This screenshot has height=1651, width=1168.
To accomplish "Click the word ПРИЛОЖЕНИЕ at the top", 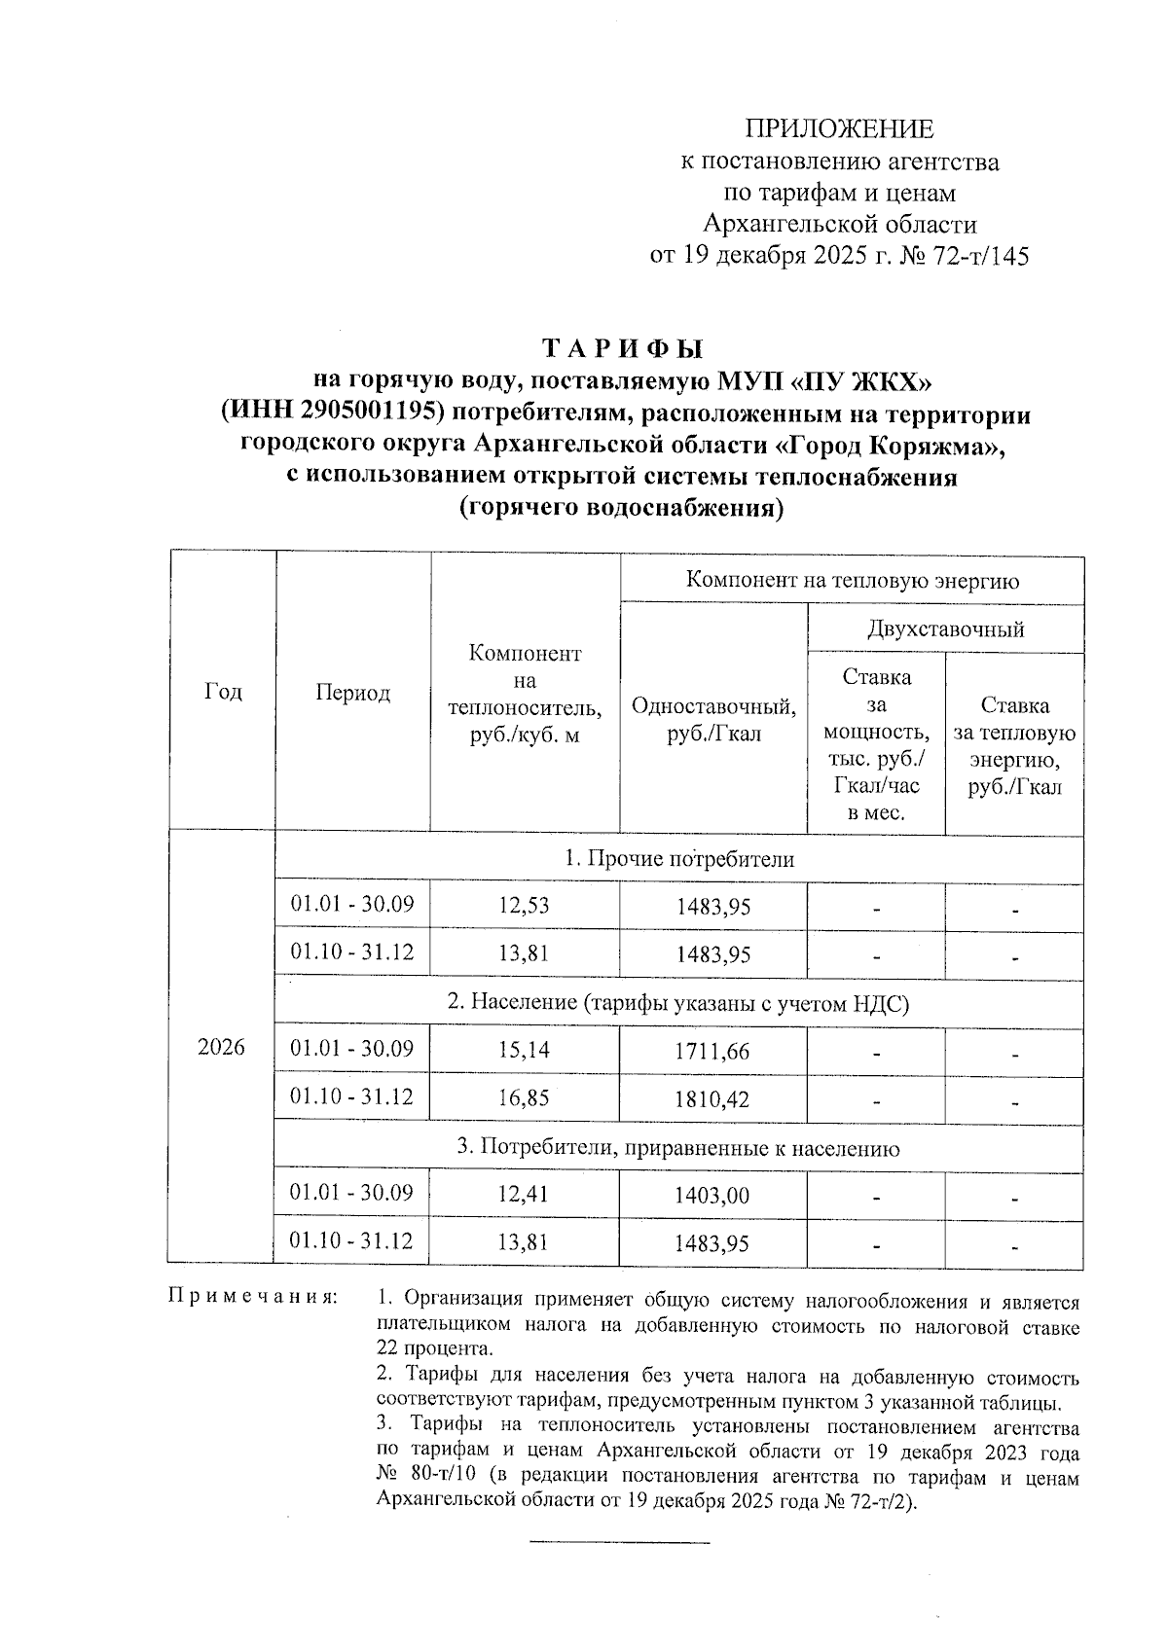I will (839, 129).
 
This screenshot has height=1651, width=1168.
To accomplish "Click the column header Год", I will (223, 692).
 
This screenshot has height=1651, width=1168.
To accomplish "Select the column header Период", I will (352, 693).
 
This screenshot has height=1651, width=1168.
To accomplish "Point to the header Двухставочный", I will (945, 629).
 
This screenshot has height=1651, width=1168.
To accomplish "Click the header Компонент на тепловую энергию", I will (852, 581).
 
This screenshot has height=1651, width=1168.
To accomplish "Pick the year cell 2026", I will (221, 1049).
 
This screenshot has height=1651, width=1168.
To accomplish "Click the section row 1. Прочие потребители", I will (678, 859).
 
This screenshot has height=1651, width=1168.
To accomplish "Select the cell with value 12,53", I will (524, 906).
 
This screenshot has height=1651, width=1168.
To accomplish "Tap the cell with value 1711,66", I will (712, 1051).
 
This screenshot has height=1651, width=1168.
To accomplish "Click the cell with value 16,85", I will (524, 1098).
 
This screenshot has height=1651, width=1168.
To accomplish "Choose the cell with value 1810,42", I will (712, 1099).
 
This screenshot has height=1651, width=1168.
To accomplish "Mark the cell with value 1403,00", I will (712, 1195).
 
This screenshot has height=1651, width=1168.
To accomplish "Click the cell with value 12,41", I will (524, 1194).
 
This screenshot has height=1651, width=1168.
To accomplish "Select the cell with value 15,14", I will (524, 1050).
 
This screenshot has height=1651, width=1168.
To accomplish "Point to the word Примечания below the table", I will (254, 1298).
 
